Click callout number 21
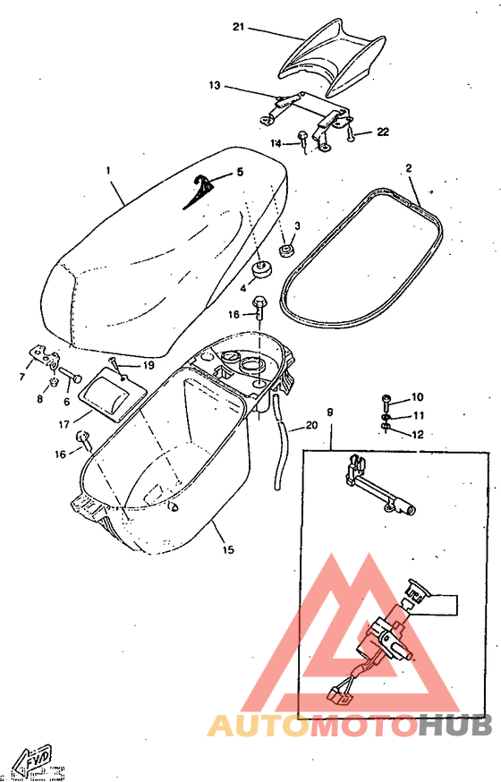[x=238, y=27]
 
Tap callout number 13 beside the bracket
[x=215, y=86]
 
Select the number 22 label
[x=383, y=132]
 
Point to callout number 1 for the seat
[x=107, y=170]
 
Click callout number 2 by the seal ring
[x=408, y=167]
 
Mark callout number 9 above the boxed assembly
[x=330, y=412]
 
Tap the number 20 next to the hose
[x=311, y=425]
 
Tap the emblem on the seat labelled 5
[x=202, y=191]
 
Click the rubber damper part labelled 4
[x=264, y=268]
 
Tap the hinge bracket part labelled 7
[x=41, y=356]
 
